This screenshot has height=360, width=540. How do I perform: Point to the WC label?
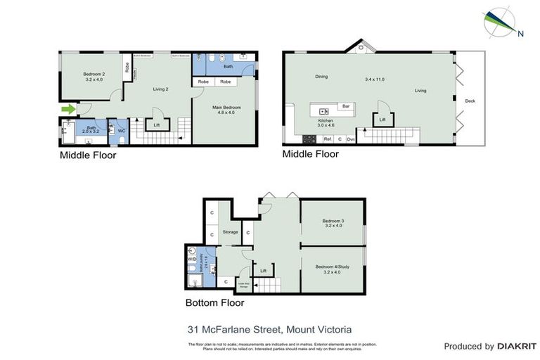click(121, 130)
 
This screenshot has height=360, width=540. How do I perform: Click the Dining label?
click(321, 77)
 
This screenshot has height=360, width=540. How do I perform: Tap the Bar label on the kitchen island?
click(346, 106)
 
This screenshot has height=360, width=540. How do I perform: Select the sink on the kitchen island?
click(323, 110)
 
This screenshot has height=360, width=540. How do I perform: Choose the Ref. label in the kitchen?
click(328, 139)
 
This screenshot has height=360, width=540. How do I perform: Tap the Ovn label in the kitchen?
click(349, 139)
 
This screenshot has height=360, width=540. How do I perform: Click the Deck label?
click(470, 101)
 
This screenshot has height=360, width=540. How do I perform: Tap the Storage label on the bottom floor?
click(231, 231)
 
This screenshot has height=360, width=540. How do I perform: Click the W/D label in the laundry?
click(192, 259)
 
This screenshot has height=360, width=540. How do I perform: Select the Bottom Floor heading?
click(214, 303)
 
